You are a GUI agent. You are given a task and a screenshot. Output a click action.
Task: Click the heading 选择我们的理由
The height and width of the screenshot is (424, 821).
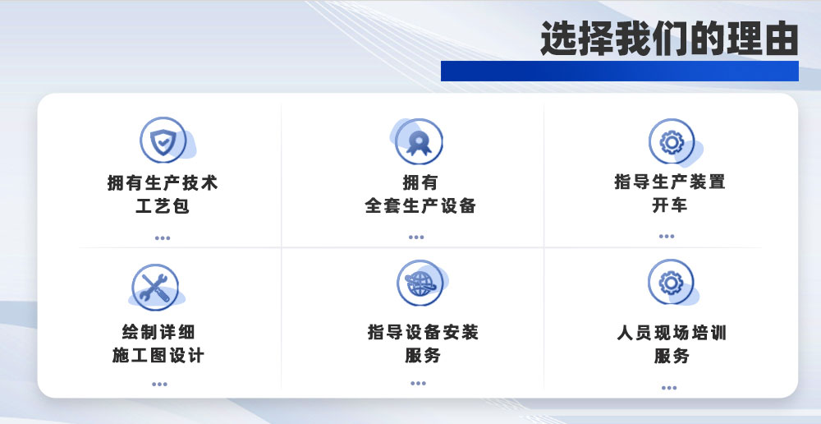(x=668, y=39)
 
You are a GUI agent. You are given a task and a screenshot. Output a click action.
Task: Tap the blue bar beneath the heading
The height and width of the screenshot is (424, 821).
(x=619, y=71)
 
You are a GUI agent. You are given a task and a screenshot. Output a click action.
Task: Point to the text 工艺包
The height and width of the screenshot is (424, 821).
(x=163, y=205)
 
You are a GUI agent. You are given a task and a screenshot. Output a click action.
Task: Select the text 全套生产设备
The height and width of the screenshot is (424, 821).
(x=420, y=205)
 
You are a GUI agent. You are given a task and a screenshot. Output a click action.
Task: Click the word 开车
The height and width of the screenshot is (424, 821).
(x=670, y=205)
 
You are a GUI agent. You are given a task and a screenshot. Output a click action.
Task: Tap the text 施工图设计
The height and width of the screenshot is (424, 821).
(x=158, y=356)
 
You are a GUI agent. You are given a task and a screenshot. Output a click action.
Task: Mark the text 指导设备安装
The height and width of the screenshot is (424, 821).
(x=423, y=333)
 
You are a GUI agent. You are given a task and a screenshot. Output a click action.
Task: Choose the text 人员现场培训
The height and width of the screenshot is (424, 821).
(x=672, y=334)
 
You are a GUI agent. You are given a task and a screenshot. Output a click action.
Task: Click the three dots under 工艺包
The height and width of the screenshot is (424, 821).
(x=163, y=238)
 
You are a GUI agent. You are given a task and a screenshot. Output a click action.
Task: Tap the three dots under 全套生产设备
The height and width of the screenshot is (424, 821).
(x=416, y=237)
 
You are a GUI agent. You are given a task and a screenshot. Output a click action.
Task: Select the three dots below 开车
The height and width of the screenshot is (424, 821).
(x=666, y=237)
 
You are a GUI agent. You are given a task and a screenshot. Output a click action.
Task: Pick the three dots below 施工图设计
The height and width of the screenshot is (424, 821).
(x=159, y=384)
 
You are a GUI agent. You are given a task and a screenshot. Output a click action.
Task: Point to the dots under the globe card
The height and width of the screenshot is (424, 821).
(x=418, y=383)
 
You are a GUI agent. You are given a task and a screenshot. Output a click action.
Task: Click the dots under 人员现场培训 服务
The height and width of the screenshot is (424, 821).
(x=669, y=388)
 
